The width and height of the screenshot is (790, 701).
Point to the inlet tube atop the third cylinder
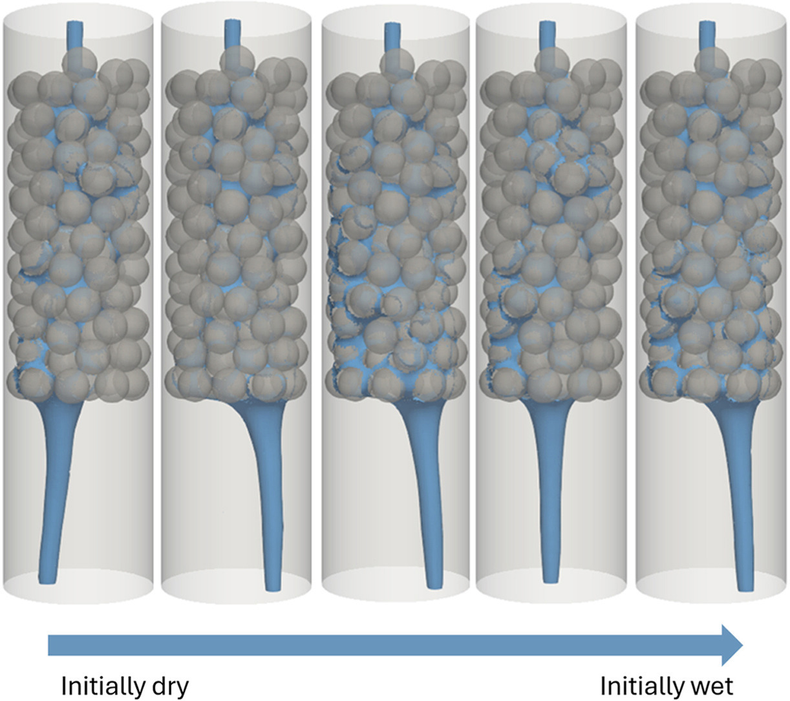(392, 37)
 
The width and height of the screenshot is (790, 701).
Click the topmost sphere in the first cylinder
(80, 62)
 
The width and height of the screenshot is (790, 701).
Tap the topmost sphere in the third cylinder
(397, 62)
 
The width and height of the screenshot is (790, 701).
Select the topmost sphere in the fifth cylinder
(712, 62)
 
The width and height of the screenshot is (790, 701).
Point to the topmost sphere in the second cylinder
(237, 62)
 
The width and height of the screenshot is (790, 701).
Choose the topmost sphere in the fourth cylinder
(551, 62)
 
